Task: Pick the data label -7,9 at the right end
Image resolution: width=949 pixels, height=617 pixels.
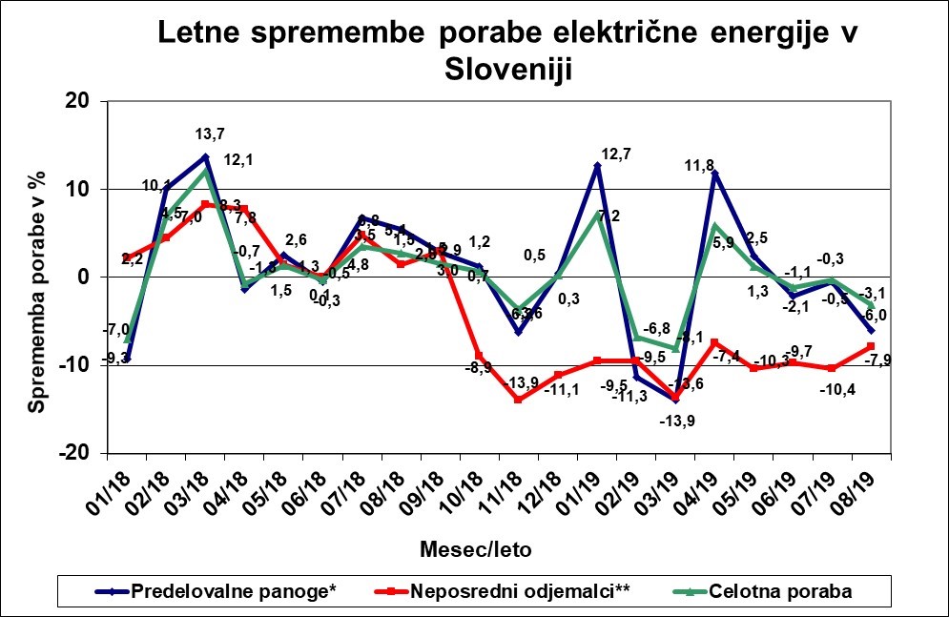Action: tap(876, 360)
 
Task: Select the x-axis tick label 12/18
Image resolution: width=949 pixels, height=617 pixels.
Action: tap(547, 492)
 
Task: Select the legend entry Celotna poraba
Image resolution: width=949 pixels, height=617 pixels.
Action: tap(780, 591)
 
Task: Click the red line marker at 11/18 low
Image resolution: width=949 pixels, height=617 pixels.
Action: tap(518, 400)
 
